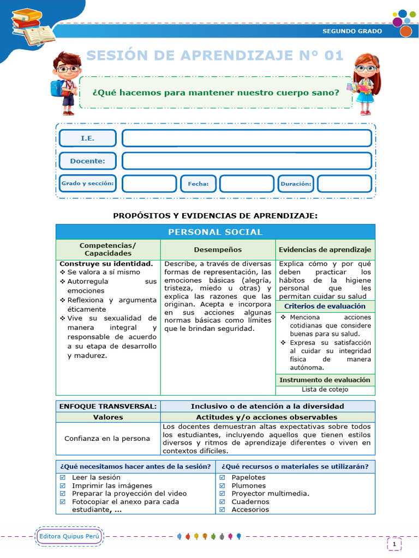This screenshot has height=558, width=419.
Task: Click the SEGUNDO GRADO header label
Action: (x=352, y=31)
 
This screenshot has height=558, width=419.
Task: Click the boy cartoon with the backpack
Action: (x=65, y=82)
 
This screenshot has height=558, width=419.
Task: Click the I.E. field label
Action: (x=87, y=138)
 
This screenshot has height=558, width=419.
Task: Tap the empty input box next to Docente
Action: (x=247, y=161)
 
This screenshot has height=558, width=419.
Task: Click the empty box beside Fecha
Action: (x=246, y=184)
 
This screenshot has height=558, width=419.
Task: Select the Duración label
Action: (x=296, y=184)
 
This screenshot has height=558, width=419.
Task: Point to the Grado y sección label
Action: (x=87, y=184)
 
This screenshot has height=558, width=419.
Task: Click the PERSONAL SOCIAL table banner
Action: (x=215, y=232)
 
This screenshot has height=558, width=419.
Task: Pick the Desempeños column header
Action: (x=218, y=250)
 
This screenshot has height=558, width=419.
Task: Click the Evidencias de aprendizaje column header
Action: (x=325, y=250)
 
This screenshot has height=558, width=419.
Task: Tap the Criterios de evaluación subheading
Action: (x=325, y=306)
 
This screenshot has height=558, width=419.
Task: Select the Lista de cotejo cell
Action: (x=325, y=390)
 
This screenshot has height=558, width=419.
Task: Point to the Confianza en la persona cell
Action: (x=107, y=438)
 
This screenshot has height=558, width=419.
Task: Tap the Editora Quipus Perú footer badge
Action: (x=69, y=537)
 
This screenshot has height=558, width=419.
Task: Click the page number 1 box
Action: (x=394, y=543)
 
